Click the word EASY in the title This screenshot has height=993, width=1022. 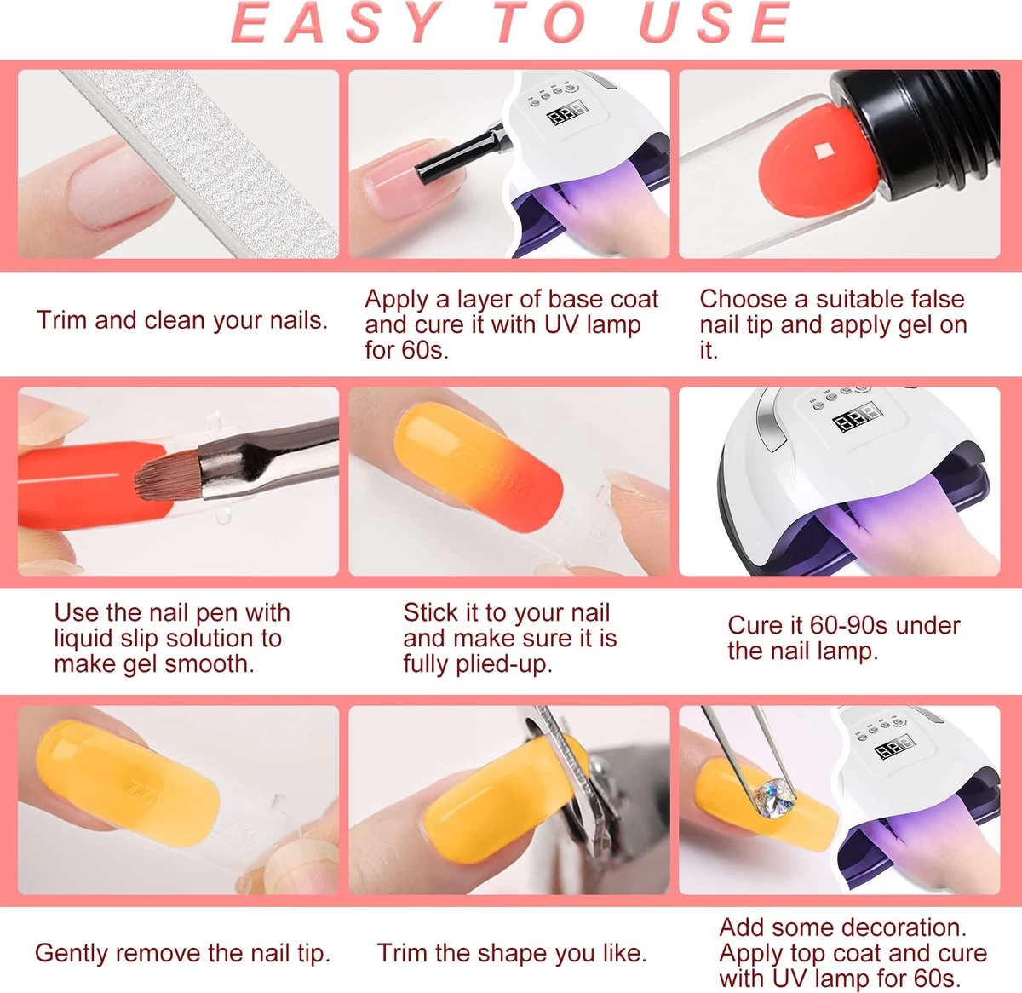tap(336, 21)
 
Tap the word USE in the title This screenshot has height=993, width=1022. tap(715, 21)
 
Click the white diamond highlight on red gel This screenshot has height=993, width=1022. tap(822, 152)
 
